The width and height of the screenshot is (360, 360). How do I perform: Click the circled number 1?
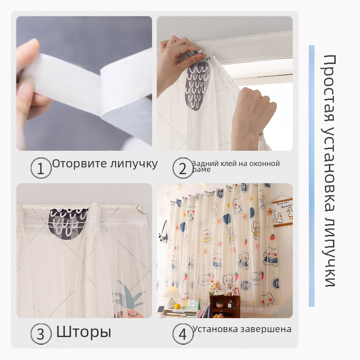point(41,168)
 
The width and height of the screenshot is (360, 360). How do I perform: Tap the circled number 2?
point(183,168)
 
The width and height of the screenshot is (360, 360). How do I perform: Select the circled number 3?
point(41,334)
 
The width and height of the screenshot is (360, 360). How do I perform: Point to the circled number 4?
point(183,334)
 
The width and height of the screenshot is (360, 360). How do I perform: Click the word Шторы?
point(84,332)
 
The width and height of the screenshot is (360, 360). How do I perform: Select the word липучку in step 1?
point(134,164)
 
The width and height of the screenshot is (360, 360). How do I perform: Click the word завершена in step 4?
point(265,329)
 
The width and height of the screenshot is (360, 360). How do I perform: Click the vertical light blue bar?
point(311,176)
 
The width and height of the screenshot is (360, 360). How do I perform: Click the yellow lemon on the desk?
point(177,306)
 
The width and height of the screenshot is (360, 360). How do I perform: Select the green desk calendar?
point(192,304)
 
